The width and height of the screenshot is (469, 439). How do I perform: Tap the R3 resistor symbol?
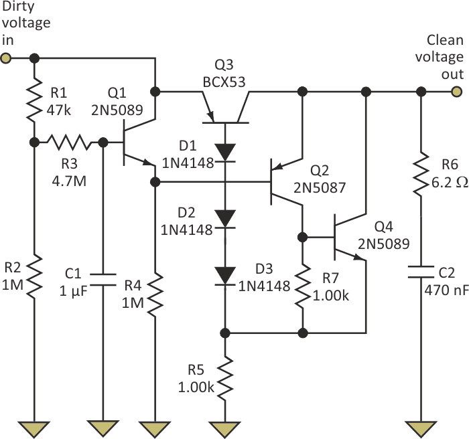69,143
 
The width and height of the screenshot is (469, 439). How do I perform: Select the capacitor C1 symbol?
103,278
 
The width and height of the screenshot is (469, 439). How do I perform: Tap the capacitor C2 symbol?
421,274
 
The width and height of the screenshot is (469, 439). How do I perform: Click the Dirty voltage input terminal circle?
6,58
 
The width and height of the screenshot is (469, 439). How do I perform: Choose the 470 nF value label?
445,290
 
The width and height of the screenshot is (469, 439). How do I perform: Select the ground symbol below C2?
421,428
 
